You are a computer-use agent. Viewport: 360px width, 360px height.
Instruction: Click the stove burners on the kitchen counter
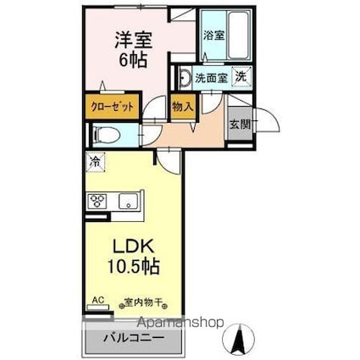[97, 202]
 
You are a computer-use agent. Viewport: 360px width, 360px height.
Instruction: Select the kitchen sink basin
[130, 202]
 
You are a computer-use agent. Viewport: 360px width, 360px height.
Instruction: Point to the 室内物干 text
[143, 301]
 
